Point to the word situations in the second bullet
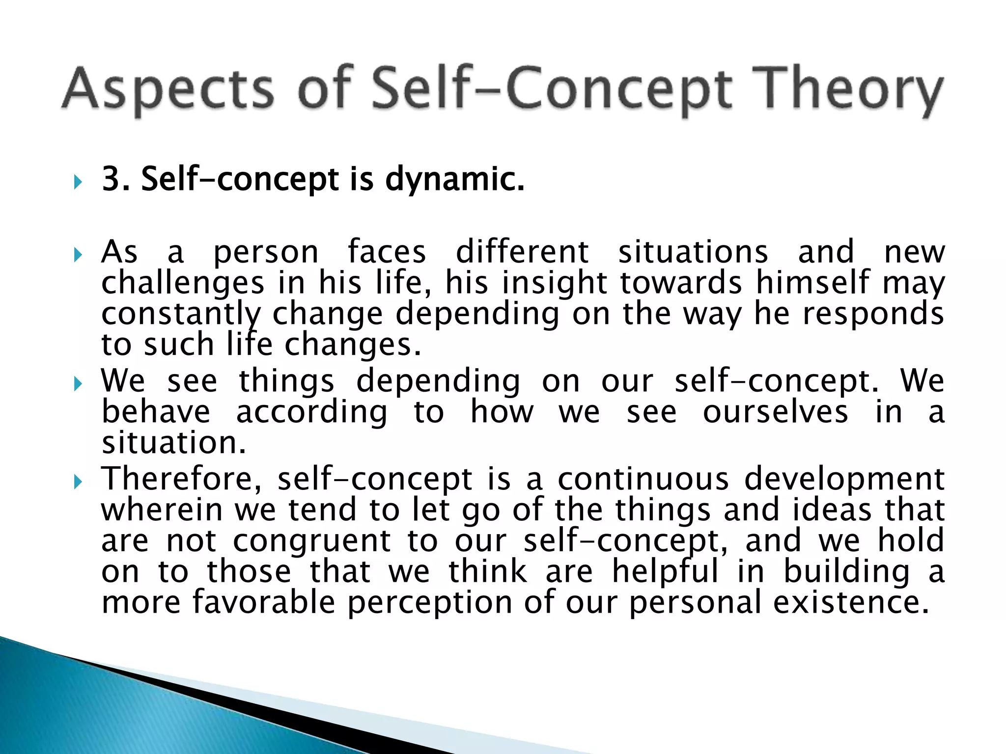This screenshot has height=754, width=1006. click(693, 252)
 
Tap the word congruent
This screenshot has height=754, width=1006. click(311, 541)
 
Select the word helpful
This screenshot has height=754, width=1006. click(665, 572)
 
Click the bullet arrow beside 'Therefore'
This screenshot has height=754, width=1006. click(78, 482)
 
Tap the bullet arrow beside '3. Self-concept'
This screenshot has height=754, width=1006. click(78, 183)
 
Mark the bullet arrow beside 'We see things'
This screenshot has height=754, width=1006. click(78, 383)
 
